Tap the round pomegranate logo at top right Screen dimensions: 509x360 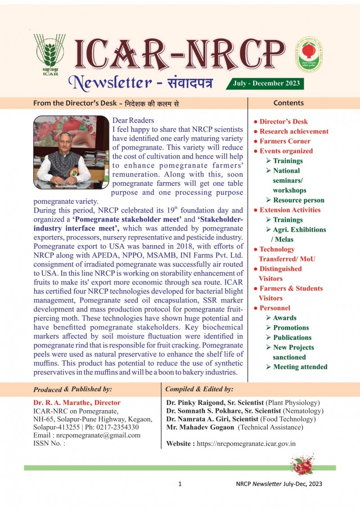coord(308,55)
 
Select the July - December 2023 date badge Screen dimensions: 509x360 coord(265,83)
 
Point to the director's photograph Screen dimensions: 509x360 coord(71,152)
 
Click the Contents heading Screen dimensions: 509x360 coord(288,103)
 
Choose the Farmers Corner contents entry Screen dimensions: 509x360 coord(285,141)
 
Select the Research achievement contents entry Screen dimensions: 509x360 coord(294,131)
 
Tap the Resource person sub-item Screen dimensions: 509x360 coord(298,200)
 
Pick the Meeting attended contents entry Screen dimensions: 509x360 coord(300,367)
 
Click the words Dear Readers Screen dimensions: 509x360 coord(133,120)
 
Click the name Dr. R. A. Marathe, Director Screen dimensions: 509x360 coord(77,403)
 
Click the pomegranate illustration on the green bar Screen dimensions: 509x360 coord(302,465)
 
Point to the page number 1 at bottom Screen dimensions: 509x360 coord(180,484)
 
